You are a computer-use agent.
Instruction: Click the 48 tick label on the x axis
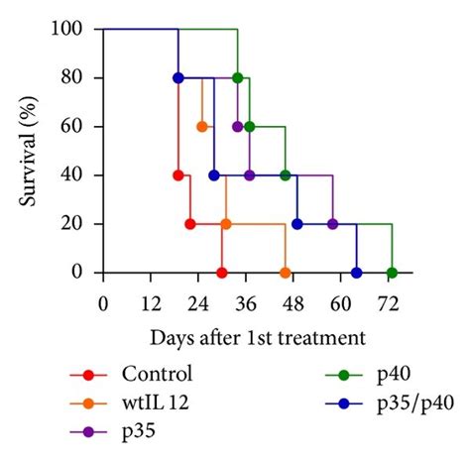297,302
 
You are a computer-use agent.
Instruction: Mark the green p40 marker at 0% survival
393,273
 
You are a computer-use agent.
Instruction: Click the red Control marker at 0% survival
222,273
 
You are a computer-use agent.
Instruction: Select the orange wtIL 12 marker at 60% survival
202,127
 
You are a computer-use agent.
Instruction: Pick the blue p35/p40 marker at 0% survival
357,273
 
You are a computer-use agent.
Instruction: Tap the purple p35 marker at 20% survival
333,224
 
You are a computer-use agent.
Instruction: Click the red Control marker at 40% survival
178,175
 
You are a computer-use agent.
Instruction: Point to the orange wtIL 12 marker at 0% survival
286,273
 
